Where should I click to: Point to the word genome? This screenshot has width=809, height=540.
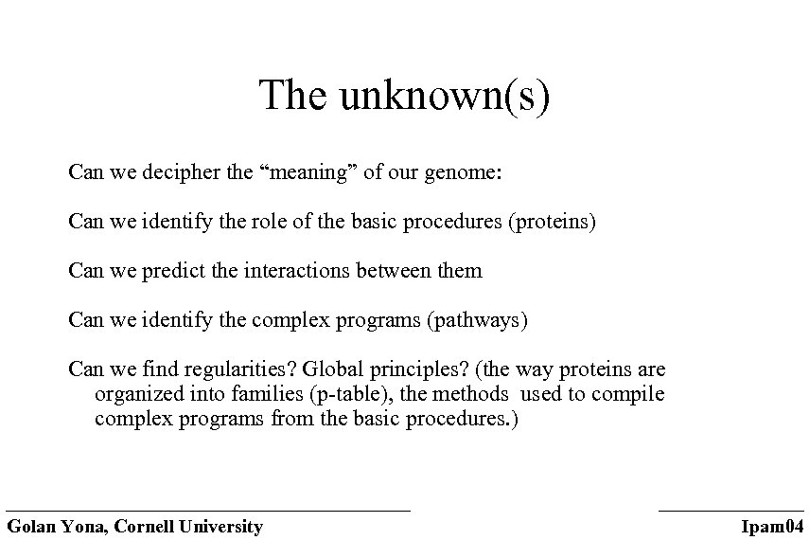(466, 174)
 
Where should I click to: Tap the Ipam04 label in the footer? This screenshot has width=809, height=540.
(772, 527)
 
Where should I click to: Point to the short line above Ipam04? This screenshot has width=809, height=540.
(730, 511)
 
